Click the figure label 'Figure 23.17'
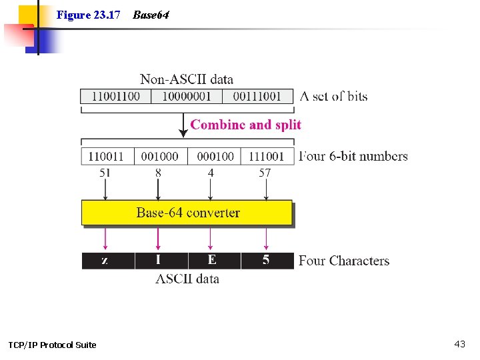[x=88, y=15]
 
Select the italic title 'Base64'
[x=151, y=15]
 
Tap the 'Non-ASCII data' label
[x=187, y=80]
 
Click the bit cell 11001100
[x=115, y=96]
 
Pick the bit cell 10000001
[x=187, y=96]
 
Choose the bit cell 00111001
[x=257, y=96]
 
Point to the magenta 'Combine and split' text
[x=245, y=125]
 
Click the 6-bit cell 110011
[x=106, y=156]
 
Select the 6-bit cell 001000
[x=160, y=156]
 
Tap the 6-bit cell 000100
[x=215, y=156]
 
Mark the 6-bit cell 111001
[x=267, y=156]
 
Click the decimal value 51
[x=105, y=173]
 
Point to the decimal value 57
[x=265, y=173]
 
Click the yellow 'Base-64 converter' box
[x=187, y=213]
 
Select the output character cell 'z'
[x=105, y=261]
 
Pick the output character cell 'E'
[x=213, y=261]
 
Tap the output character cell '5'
[x=266, y=261]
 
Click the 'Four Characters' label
[x=343, y=261]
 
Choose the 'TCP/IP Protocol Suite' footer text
[x=52, y=345]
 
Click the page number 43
[x=459, y=344]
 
